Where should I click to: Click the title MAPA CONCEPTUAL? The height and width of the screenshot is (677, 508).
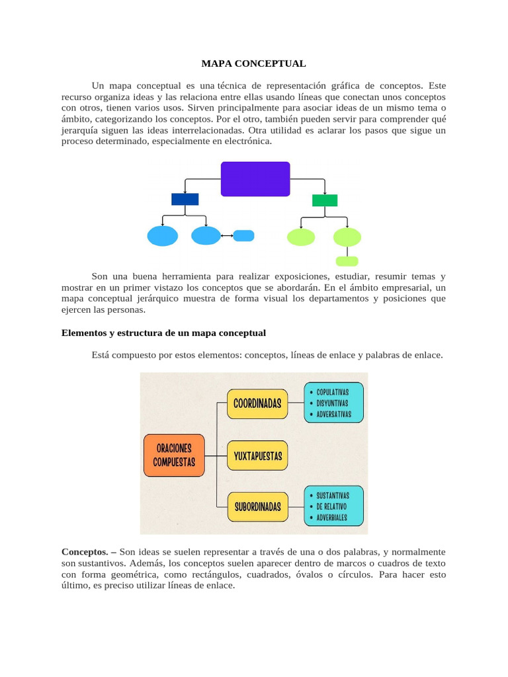pyautogui.click(x=253, y=64)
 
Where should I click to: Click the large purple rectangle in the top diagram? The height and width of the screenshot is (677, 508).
pyautogui.click(x=255, y=179)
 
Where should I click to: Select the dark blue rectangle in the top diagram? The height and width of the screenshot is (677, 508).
pyautogui.click(x=185, y=199)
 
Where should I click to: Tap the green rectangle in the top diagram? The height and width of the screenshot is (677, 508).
pyautogui.click(x=325, y=200)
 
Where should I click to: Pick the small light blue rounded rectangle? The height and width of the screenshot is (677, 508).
pyautogui.click(x=244, y=235)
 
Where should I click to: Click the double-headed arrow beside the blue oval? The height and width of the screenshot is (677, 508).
pyautogui.click(x=227, y=236)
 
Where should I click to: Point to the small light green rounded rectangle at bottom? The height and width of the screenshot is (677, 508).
pyautogui.click(x=347, y=261)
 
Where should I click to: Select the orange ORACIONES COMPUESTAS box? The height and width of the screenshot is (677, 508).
pyautogui.click(x=174, y=455)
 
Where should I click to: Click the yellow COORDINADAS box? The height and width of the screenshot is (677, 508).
pyautogui.click(x=257, y=403)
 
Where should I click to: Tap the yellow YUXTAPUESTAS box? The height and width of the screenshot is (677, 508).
pyautogui.click(x=257, y=456)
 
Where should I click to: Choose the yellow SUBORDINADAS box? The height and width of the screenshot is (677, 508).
pyautogui.click(x=257, y=507)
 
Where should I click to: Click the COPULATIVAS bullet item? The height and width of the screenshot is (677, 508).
pyautogui.click(x=332, y=391)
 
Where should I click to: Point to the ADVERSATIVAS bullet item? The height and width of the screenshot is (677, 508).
pyautogui.click(x=333, y=415)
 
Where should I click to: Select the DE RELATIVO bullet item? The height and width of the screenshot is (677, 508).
pyautogui.click(x=331, y=506)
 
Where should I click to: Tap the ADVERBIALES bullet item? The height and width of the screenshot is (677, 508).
pyautogui.click(x=331, y=518)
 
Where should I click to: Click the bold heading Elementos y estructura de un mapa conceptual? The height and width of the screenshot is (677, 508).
pyautogui.click(x=163, y=333)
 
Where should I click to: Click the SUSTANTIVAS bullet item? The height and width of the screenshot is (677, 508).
pyautogui.click(x=333, y=495)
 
